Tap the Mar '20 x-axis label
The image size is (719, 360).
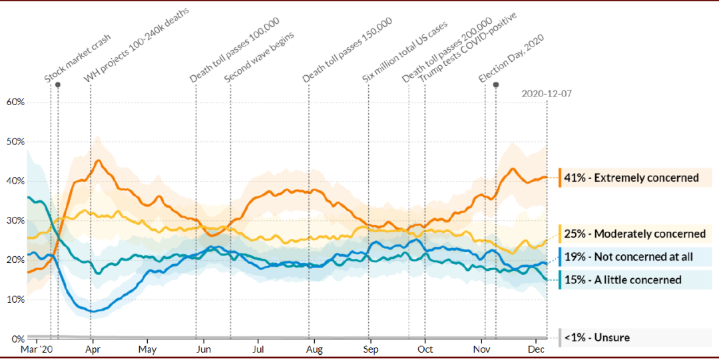click(37, 349)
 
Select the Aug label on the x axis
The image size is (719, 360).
click(315, 349)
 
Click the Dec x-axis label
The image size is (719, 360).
click(537, 349)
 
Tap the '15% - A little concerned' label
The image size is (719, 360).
click(622, 280)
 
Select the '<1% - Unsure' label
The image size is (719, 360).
click(597, 338)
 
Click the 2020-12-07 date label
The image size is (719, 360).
click(546, 94)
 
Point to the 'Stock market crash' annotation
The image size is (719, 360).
click(78, 59)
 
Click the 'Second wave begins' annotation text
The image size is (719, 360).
click(259, 56)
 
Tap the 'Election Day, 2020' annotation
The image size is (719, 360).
click(511, 59)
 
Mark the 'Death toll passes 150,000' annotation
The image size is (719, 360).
click(347, 51)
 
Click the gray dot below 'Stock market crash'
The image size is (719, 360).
click(58, 85)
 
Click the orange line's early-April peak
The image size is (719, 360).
click(99, 160)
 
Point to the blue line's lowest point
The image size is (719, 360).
click(92, 311)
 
